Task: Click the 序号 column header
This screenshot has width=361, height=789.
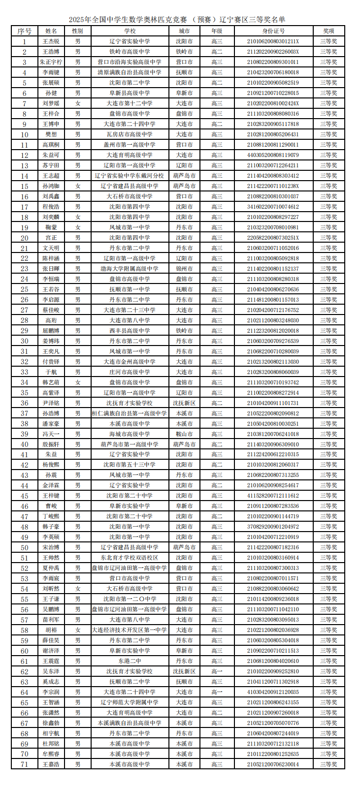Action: pyautogui.click(x=24, y=31)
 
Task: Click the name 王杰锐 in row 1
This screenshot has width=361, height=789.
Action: pyautogui.click(x=51, y=41)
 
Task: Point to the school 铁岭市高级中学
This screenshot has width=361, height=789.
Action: pyautogui.click(x=130, y=52)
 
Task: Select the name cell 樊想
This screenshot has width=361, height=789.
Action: pyautogui.click(x=51, y=134)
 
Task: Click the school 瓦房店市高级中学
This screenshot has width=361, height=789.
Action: pyautogui.click(x=130, y=134)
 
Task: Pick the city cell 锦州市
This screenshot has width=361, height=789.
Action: pyautogui.click(x=184, y=269)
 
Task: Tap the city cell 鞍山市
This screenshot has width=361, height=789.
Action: pyautogui.click(x=184, y=434)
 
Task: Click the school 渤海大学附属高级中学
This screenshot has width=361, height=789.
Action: pyautogui.click(x=130, y=269)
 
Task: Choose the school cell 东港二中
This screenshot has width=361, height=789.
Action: pyautogui.click(x=130, y=661)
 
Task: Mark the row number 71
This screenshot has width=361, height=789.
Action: pyautogui.click(x=24, y=764)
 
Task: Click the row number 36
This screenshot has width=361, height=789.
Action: pyautogui.click(x=24, y=403)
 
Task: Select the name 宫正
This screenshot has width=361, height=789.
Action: pyautogui.click(x=51, y=238)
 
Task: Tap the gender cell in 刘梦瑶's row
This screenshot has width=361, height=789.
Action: pyautogui.click(x=77, y=103)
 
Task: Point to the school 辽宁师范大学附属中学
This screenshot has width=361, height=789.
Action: pyautogui.click(x=130, y=702)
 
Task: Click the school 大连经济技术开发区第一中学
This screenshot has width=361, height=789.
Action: pyautogui.click(x=130, y=630)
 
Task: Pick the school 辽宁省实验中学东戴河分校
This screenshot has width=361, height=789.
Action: pyautogui.click(x=130, y=176)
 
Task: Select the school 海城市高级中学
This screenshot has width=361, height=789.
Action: pyautogui.click(x=130, y=434)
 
